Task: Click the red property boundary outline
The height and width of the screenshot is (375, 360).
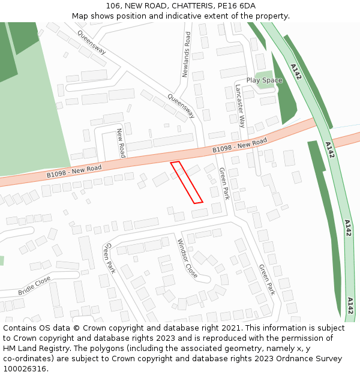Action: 187,182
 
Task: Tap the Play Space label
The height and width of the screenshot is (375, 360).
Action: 264,80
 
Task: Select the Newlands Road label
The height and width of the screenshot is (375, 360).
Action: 187,55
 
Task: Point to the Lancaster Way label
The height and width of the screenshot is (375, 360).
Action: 241,104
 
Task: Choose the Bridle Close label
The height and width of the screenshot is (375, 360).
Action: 34,286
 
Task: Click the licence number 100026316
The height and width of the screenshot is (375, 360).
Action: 25,369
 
